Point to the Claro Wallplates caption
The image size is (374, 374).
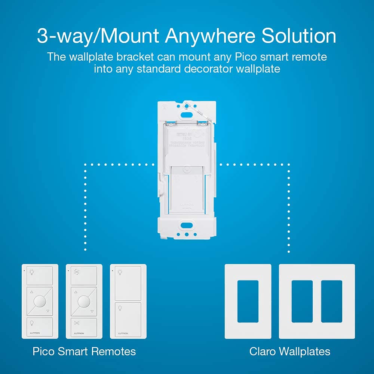coord(290,352)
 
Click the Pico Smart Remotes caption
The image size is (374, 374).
coord(84,352)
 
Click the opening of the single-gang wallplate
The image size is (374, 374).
coord(248,301)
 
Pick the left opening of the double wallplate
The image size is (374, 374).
coord(302,301)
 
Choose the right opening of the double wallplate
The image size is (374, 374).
coord(332,301)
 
